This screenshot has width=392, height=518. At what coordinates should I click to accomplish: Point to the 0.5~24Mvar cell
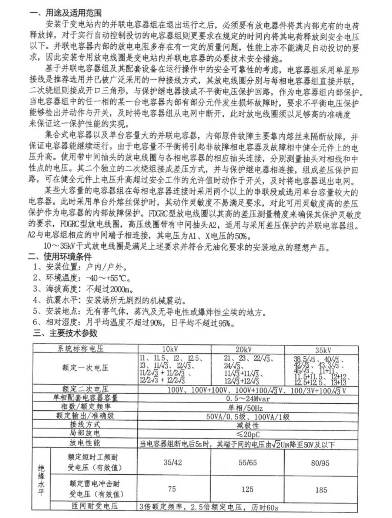pos(248,399)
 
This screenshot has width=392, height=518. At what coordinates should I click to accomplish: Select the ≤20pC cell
pos(248,434)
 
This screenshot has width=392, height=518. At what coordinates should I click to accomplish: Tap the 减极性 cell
pos(248,425)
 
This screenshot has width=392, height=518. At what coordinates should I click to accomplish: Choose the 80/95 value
pos(320,462)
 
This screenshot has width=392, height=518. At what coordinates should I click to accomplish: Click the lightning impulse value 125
pos(247,489)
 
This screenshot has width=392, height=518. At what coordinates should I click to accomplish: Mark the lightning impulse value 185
pos(321,490)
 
